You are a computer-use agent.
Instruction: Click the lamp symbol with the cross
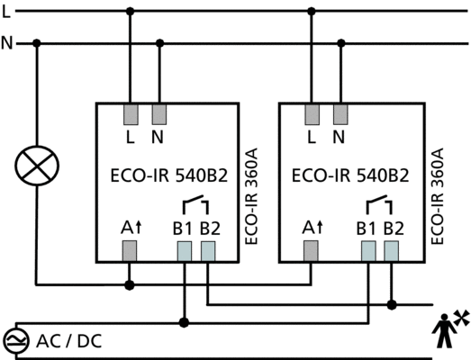[x=37, y=166]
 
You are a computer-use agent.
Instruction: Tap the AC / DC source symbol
[x=15, y=341]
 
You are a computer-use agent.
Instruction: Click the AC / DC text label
[x=68, y=341]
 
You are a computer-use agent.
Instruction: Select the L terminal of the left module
[x=131, y=114]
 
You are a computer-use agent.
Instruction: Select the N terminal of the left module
[x=159, y=114]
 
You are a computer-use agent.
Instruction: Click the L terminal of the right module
[x=312, y=114]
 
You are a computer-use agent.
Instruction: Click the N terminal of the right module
[x=340, y=114]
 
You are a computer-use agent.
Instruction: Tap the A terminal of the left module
[x=130, y=251]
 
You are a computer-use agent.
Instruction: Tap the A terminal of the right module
[x=311, y=251]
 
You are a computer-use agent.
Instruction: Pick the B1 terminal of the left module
[x=184, y=251]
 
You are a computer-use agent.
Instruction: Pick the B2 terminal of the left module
[x=208, y=251]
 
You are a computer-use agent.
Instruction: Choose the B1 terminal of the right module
[x=368, y=251]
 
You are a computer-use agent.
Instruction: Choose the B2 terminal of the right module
[x=392, y=251]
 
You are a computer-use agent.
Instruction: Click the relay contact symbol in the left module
[x=195, y=204]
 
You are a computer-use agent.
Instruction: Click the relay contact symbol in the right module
[x=379, y=204]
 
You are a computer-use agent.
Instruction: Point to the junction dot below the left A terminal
[x=130, y=284]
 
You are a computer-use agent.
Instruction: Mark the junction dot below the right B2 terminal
[x=392, y=305]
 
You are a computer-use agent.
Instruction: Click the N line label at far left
[x=7, y=43]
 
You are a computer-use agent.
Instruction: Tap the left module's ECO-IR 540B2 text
[x=169, y=175]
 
